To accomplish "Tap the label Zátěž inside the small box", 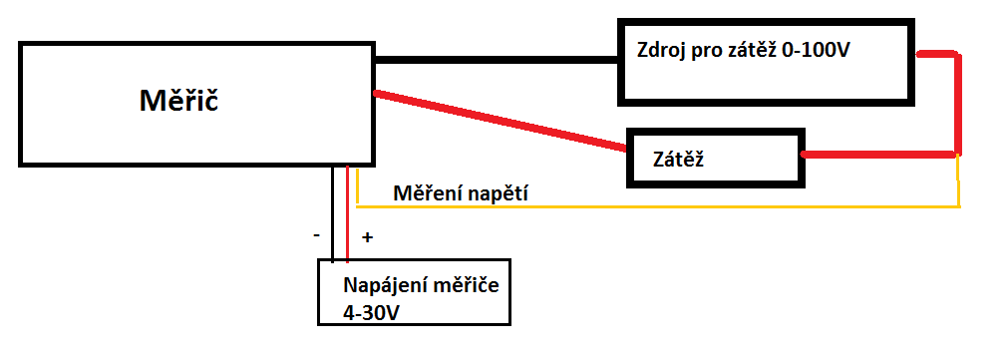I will [x=678, y=158].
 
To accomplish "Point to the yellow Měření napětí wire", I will [x=658, y=206].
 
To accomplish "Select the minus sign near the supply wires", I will [x=316, y=235].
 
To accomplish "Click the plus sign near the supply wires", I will [x=366, y=237].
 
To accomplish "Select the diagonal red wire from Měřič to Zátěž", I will [x=499, y=123].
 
